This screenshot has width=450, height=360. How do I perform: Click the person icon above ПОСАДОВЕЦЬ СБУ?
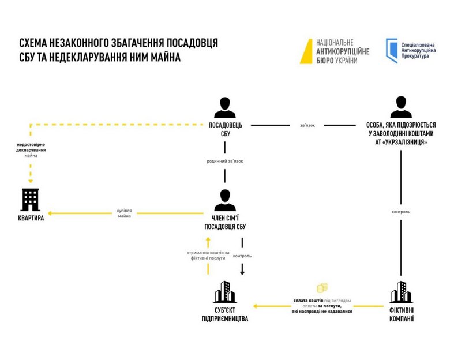point(225,108)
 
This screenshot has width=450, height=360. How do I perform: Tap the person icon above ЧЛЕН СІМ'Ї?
point(225,199)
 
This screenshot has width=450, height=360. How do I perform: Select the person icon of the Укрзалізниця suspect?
point(401,108)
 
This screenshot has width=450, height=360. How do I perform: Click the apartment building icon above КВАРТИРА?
point(31,200)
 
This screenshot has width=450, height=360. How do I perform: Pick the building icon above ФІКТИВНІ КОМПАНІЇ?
point(401,292)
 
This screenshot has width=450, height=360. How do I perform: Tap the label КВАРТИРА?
point(30,220)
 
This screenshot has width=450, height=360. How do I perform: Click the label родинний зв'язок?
point(225,161)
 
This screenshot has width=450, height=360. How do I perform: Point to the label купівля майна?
point(125,213)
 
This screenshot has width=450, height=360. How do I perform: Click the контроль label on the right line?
point(401,212)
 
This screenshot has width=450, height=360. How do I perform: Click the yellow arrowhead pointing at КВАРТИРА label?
point(50,213)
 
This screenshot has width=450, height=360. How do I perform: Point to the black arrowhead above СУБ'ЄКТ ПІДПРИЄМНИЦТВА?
point(243,272)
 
